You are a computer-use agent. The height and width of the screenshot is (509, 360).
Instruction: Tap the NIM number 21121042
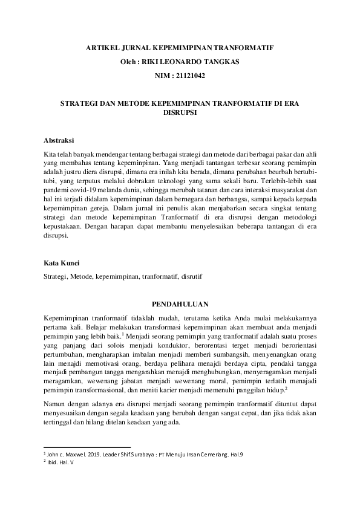pos(188,76)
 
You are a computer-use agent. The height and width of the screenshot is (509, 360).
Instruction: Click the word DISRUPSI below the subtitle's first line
pos(180,112)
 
